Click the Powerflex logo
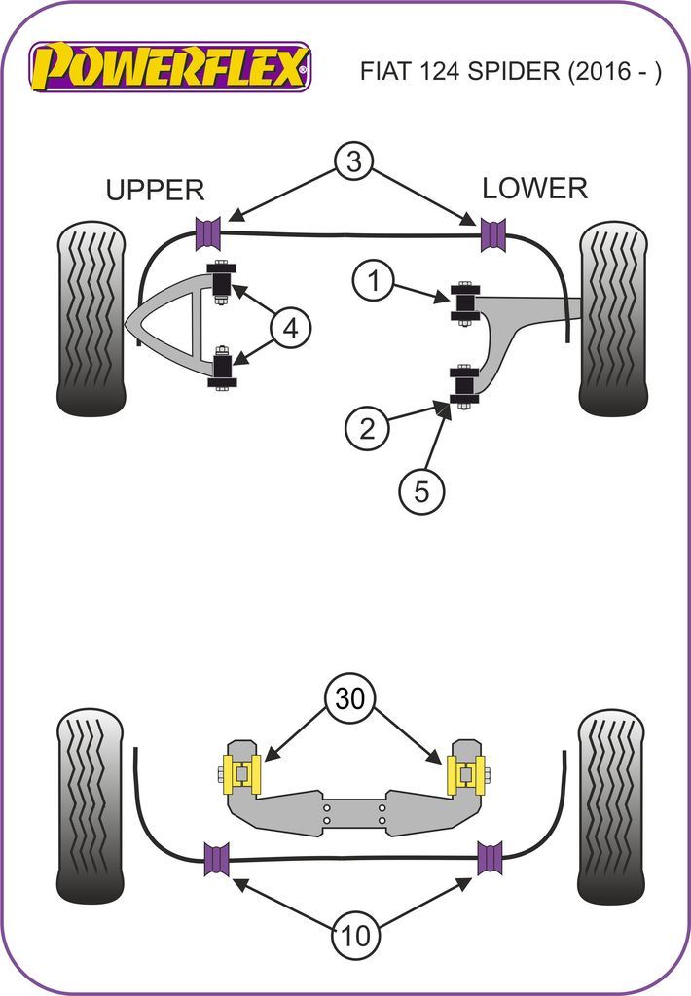point(171,67)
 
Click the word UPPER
point(155,190)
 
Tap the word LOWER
point(534,188)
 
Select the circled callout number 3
point(353,160)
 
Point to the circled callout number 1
point(373,282)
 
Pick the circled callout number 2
point(367,427)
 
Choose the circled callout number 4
point(290,330)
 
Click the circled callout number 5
point(421,492)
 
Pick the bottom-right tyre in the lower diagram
point(611,806)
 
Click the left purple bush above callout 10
point(215,859)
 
